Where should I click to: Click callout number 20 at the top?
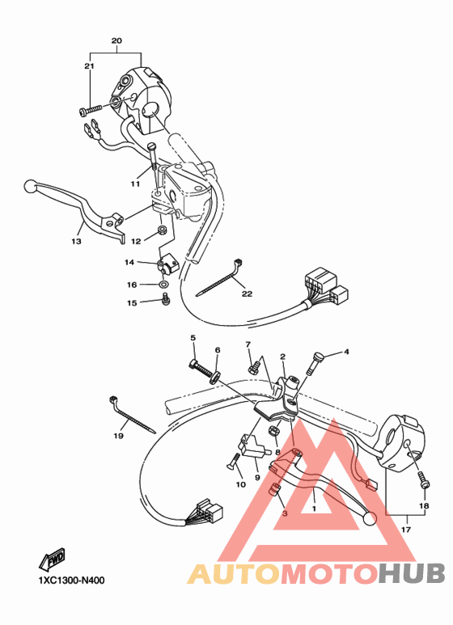116,40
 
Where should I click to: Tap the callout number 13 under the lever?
76,241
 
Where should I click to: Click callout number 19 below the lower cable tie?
118,437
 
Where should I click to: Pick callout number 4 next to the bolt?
345,352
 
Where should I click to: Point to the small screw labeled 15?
166,302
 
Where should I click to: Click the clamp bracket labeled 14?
167,264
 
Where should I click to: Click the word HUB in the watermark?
411,573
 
